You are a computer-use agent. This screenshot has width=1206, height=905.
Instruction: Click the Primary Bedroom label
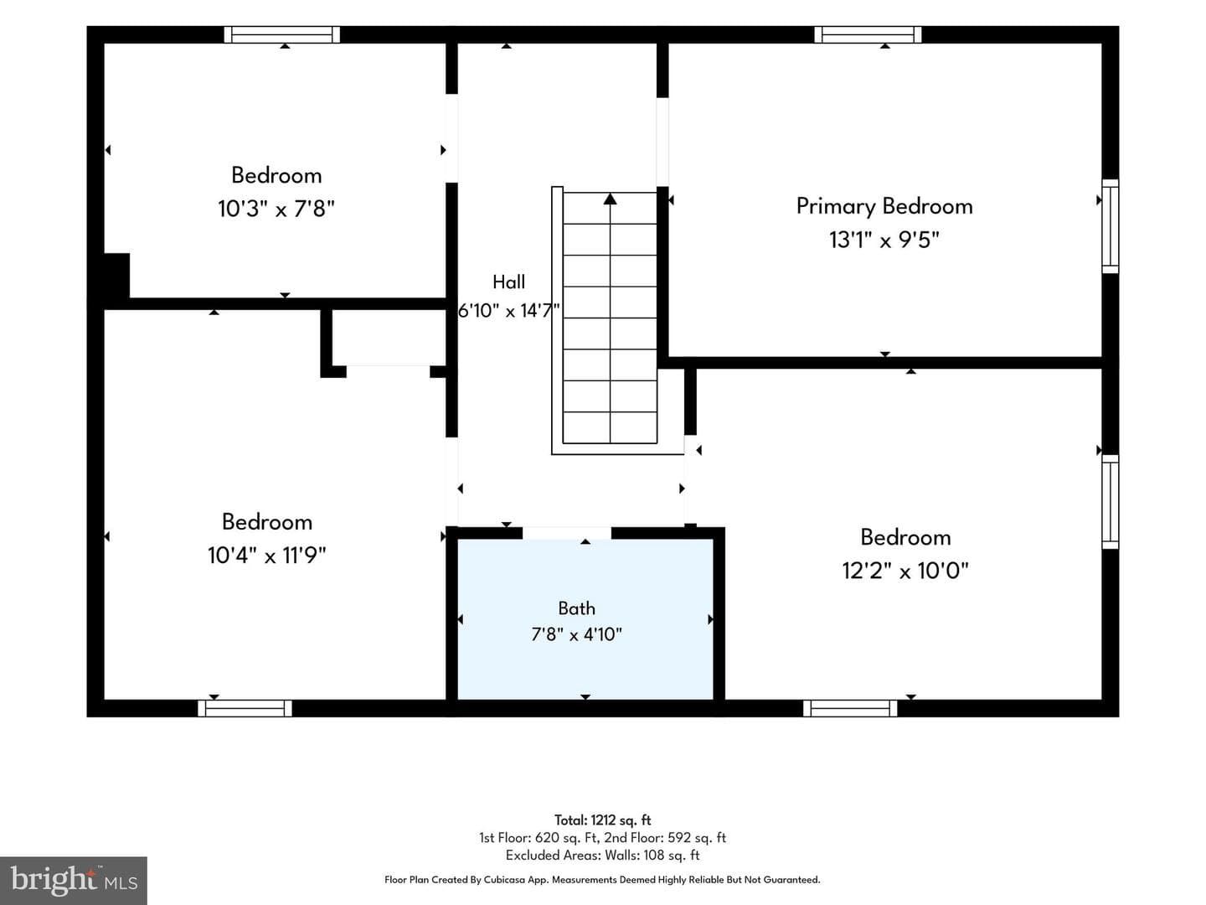pos(884,207)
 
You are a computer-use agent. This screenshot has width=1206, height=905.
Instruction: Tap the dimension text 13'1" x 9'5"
pos(884,240)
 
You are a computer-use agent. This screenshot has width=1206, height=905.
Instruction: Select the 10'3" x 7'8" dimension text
pos(276,209)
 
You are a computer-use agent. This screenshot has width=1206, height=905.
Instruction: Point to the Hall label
pos(508,282)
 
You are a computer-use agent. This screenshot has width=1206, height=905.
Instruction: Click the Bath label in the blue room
pos(576,608)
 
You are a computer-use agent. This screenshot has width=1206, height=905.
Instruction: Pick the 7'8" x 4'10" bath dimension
pos(576,634)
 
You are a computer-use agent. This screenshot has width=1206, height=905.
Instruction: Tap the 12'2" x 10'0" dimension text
pos(905,571)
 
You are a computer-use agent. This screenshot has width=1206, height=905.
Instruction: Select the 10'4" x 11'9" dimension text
pos(267,555)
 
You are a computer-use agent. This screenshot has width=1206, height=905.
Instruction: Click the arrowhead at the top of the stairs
pos(610,199)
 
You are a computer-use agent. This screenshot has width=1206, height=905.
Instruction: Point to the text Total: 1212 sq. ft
pos(603,820)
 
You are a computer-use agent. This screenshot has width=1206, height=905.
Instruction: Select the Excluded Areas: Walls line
pos(603,855)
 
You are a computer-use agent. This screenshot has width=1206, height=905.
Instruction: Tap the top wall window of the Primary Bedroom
pos(868,34)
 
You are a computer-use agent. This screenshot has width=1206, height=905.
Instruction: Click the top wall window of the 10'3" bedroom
pos(282,34)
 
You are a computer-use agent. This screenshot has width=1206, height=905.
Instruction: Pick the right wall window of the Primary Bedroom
pos(1111,226)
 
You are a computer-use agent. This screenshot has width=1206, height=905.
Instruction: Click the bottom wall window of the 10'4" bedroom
pos(245,708)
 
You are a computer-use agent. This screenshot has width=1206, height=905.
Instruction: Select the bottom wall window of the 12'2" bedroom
pos(850,708)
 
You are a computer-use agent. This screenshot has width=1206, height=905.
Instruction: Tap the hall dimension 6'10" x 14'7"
pos(508,311)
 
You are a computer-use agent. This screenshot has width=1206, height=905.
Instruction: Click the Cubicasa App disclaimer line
pos(602,880)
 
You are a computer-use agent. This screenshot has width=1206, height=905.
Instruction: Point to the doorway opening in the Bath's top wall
pos(566,533)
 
